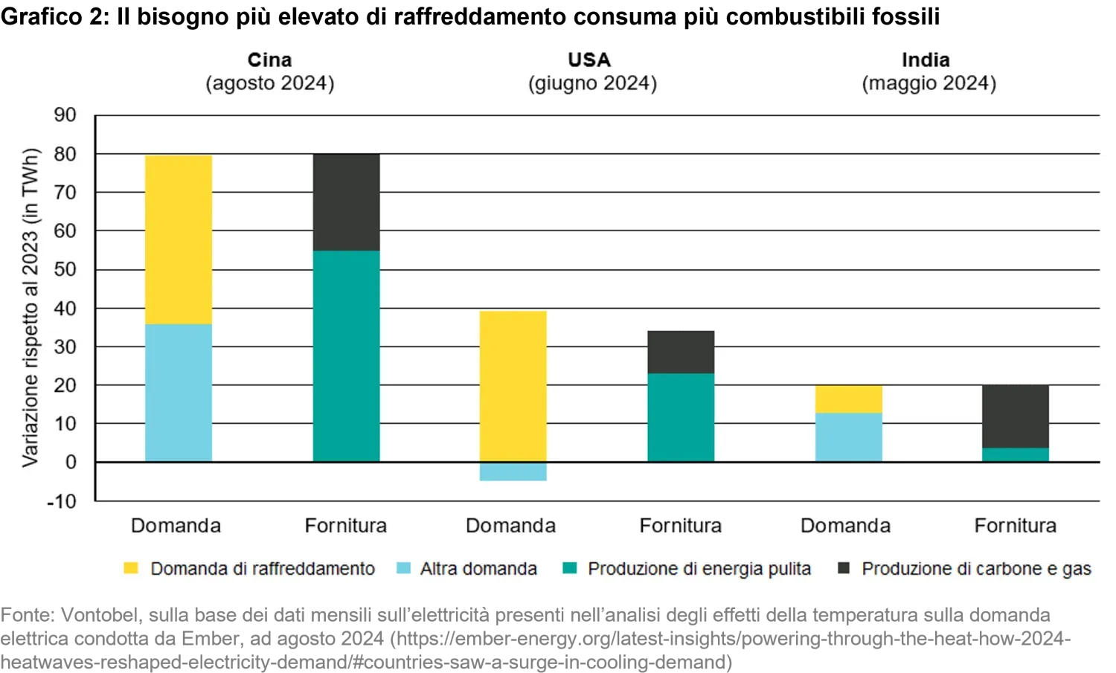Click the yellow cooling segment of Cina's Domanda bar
click(179, 239)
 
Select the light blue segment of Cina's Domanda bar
click(179, 393)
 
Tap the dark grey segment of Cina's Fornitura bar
click(346, 202)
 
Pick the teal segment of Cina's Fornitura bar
click(346, 355)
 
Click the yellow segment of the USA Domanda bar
click(513, 386)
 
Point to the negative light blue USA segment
click(513, 471)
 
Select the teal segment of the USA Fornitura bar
click(681, 417)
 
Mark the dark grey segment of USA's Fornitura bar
click(681, 352)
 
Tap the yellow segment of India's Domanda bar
click(849, 399)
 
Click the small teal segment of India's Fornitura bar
click(1016, 454)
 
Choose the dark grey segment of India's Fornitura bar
click(1016, 416)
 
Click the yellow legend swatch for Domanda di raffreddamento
click(131, 569)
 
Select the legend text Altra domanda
click(478, 569)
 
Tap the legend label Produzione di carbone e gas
click(976, 569)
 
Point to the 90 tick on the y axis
click(65, 115)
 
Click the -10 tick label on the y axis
click(62, 501)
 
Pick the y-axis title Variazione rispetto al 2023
click(30, 308)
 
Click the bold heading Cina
click(269, 59)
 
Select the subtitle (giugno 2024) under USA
click(593, 83)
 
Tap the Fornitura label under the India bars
click(1016, 526)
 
